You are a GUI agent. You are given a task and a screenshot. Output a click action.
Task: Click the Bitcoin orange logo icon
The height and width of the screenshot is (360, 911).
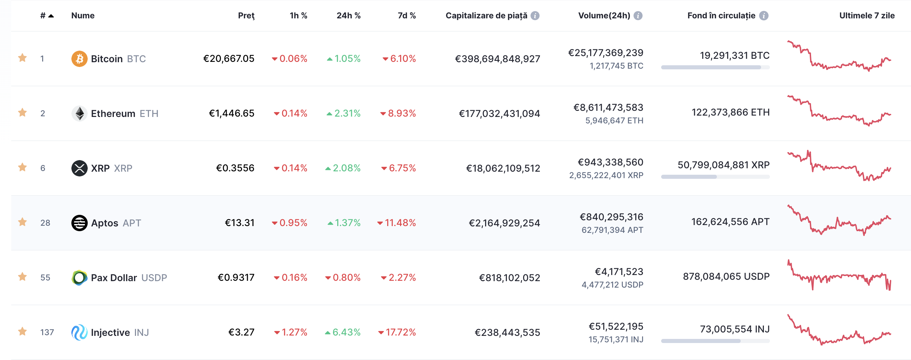click(x=79, y=59)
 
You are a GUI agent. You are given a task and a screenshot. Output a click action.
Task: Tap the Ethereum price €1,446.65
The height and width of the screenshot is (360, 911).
click(x=231, y=113)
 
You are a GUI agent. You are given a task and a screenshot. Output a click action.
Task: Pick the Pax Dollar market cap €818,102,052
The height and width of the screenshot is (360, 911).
click(x=510, y=278)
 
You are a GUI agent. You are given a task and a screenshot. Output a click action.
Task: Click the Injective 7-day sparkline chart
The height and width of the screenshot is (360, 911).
click(x=839, y=330)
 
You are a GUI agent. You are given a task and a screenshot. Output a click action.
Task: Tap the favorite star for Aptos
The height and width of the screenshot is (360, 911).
click(x=23, y=222)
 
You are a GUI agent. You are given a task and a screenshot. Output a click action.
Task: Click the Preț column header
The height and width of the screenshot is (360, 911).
click(x=246, y=16)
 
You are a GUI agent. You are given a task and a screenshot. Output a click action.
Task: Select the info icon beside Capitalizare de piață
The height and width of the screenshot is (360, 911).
click(x=535, y=16)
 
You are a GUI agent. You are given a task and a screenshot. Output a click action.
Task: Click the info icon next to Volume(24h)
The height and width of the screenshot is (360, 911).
click(x=638, y=16)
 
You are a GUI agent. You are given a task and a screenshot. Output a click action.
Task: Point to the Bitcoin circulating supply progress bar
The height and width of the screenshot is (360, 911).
click(x=716, y=68)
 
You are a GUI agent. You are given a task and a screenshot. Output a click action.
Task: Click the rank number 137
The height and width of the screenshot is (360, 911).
click(x=47, y=332)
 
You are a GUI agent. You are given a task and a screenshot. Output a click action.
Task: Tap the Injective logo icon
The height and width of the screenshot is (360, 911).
click(x=79, y=332)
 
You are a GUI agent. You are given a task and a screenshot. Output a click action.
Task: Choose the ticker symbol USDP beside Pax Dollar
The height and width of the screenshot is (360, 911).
click(x=154, y=278)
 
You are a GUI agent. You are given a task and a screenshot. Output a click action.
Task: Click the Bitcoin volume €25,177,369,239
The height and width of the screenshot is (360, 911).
click(x=606, y=53)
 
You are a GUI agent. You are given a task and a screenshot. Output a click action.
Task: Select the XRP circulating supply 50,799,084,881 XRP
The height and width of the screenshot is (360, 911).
click(x=724, y=165)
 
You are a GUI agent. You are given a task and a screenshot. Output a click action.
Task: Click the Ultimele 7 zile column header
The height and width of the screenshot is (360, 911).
click(x=867, y=16)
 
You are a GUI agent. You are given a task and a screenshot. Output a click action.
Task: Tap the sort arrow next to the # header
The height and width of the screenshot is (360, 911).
click(x=51, y=16)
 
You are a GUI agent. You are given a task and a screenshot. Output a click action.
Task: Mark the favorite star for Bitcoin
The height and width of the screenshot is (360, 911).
click(x=23, y=58)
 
